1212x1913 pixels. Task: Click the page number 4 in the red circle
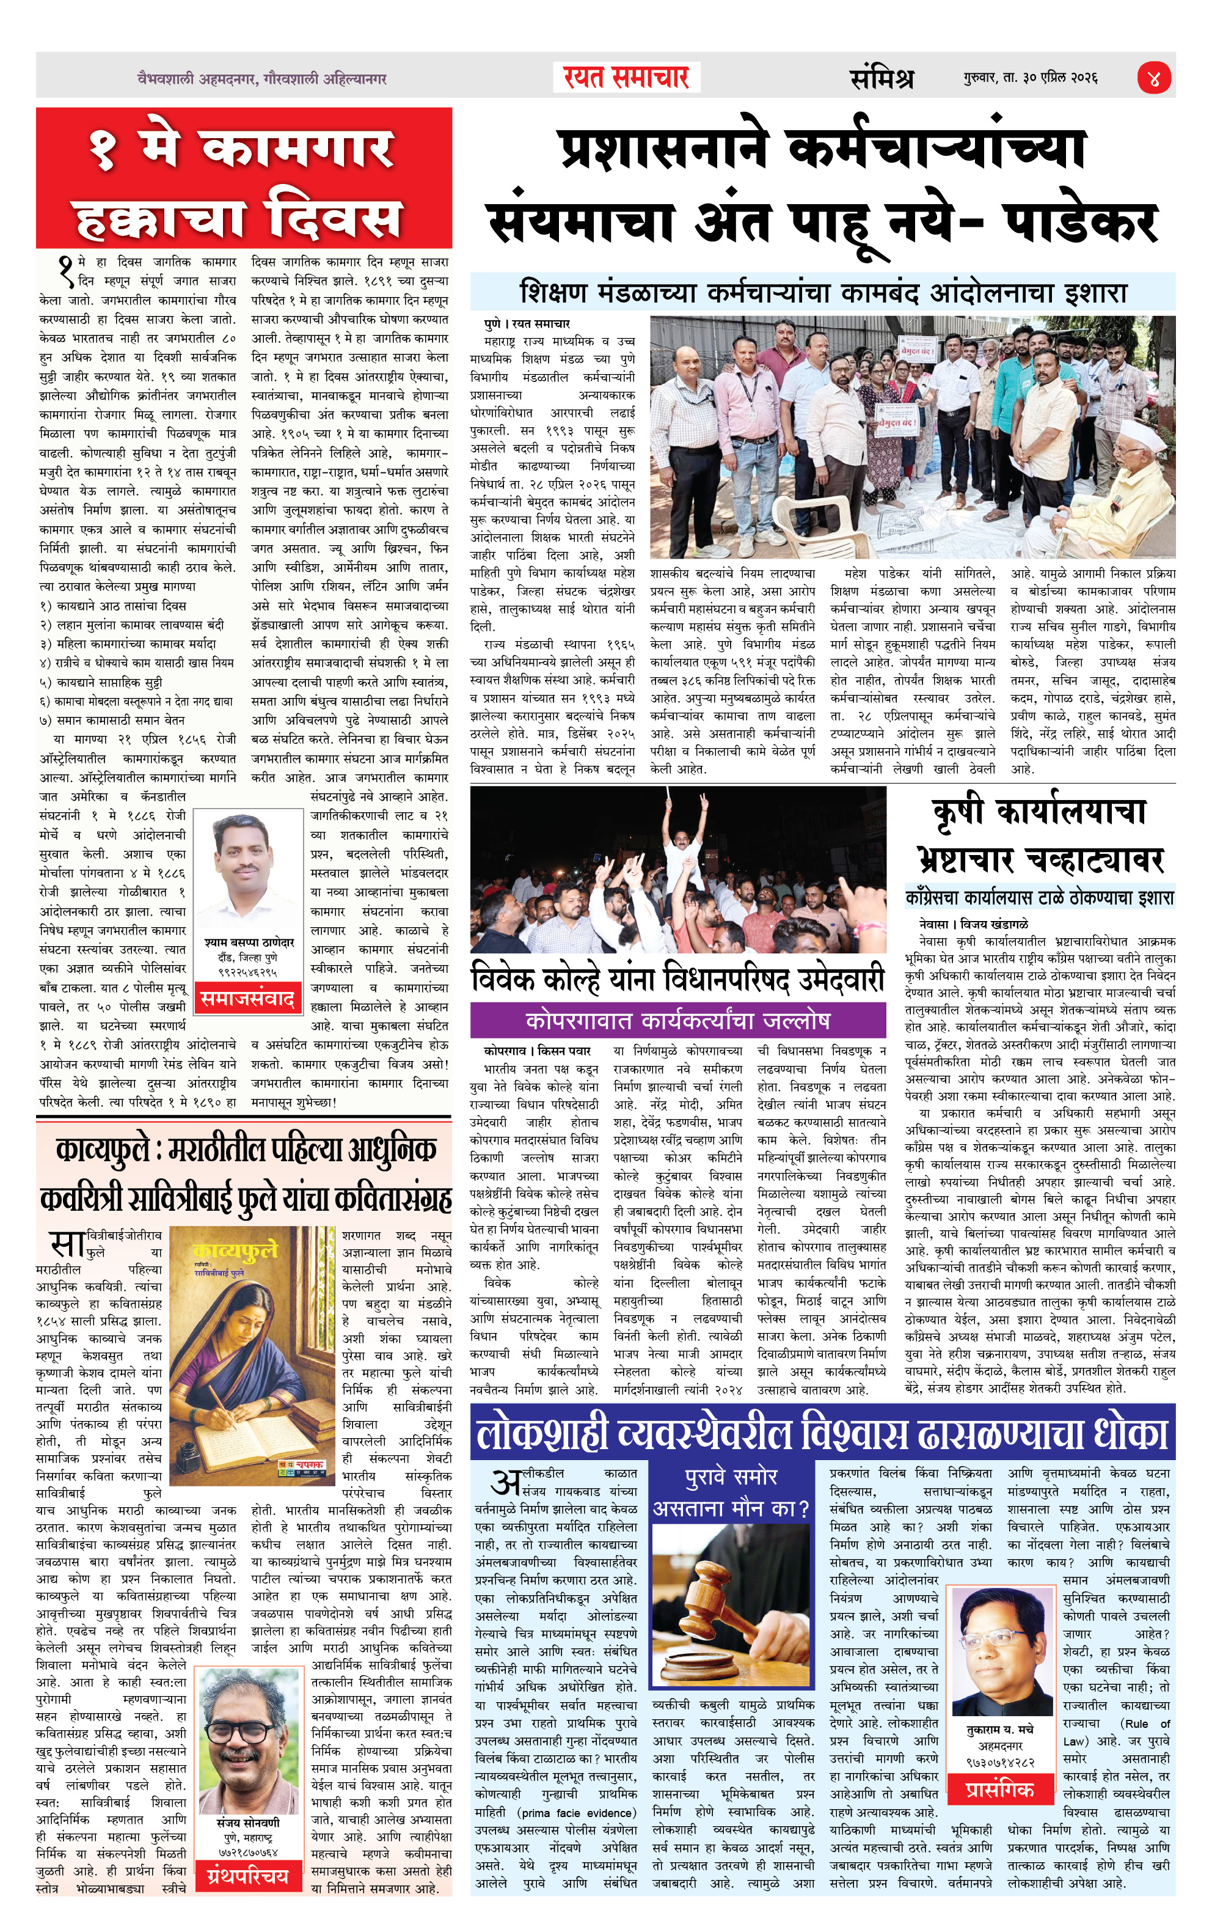click(1154, 79)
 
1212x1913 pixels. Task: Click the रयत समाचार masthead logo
click(626, 77)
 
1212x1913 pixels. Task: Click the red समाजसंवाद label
click(247, 999)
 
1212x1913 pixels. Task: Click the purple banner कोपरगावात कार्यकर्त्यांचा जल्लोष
click(677, 1020)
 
